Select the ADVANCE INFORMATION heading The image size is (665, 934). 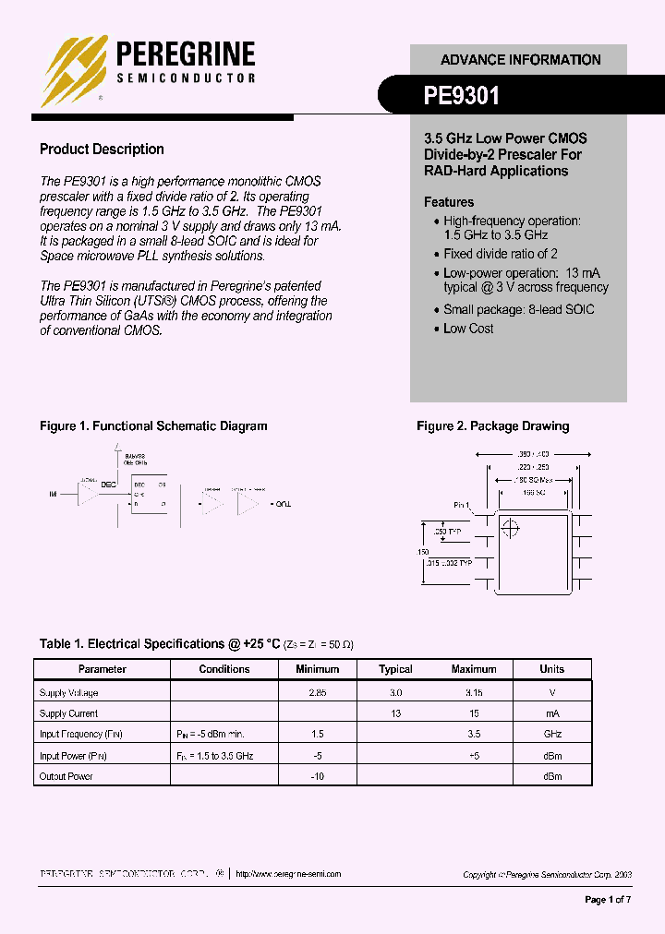point(520,60)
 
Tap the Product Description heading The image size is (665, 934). point(102,150)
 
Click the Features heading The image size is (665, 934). point(449,202)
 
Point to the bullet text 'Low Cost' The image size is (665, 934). point(468,329)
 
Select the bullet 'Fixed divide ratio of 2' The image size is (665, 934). point(500,254)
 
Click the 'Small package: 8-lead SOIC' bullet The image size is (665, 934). point(518,310)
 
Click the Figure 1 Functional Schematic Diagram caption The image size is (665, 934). point(153,426)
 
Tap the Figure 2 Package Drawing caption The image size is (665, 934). point(492,426)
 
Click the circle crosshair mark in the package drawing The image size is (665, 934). point(510,529)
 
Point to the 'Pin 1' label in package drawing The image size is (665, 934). point(462,506)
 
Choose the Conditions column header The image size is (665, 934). point(224,669)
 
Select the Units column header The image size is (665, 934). point(551,669)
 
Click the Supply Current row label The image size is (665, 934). point(68,713)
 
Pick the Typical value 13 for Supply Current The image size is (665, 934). point(395,713)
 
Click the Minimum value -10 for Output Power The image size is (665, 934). point(317,777)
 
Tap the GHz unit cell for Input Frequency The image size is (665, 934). point(551,735)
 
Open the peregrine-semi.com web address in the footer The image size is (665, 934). point(288,874)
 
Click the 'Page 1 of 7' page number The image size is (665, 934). point(608,900)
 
